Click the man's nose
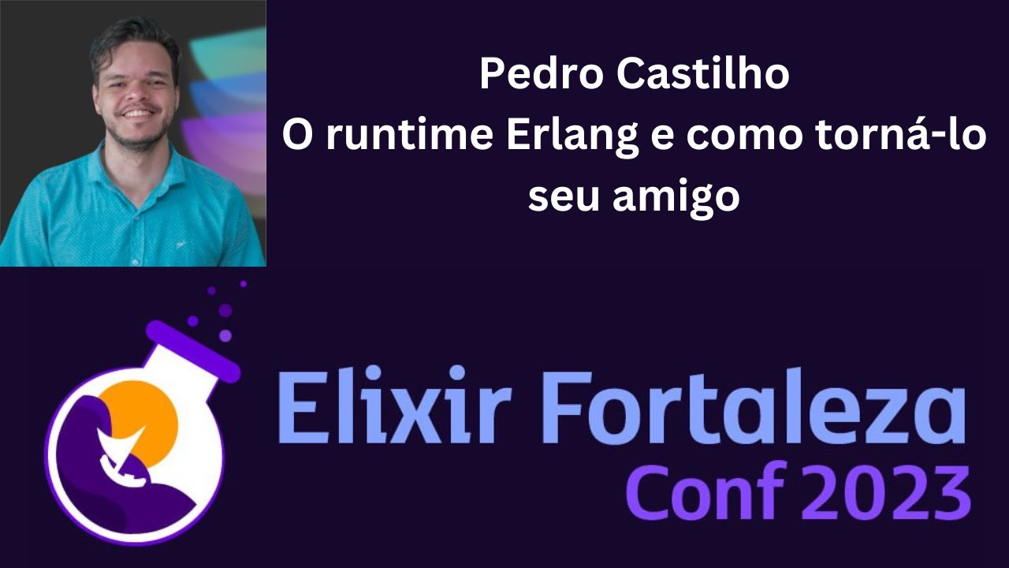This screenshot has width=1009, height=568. tap(136, 93)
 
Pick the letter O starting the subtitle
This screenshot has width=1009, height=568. tap(297, 136)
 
